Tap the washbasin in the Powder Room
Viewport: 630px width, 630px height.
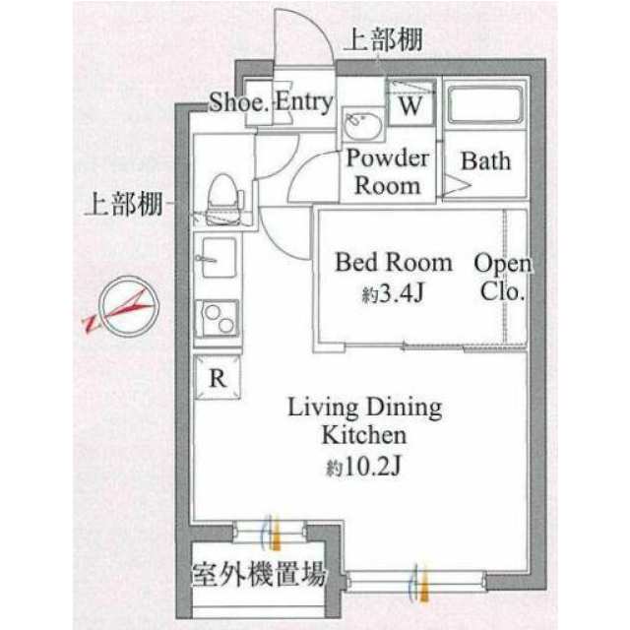[363, 126]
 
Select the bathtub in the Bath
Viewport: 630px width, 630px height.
[485, 103]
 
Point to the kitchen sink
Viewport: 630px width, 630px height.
[219, 257]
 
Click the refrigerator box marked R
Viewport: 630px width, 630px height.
[218, 377]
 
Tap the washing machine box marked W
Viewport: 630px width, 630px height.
[410, 102]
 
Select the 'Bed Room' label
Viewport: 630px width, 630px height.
[394, 263]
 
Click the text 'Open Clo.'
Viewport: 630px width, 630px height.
[503, 278]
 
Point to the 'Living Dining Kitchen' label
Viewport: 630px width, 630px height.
[365, 420]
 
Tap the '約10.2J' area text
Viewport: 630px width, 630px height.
[363, 467]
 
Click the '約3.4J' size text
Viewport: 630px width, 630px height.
[393, 294]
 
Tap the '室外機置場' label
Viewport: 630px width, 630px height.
[258, 573]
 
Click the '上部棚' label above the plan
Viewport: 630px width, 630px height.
[384, 39]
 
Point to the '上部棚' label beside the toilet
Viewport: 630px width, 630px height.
[124, 204]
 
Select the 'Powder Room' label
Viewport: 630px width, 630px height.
[388, 172]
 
